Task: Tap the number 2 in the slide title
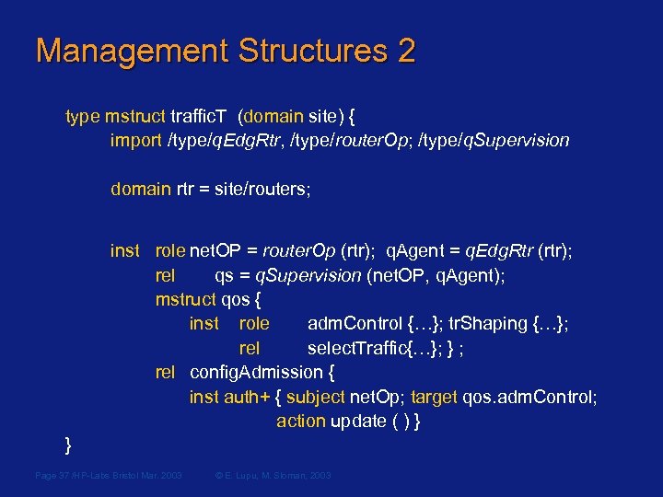coord(405,51)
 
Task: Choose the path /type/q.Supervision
coord(494,140)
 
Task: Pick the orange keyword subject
coord(315,397)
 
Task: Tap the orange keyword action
coord(300,421)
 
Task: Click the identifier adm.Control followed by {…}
coord(355,323)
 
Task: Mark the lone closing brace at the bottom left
coord(68,446)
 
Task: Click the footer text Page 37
coord(55,475)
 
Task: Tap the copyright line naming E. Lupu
coord(272,475)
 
